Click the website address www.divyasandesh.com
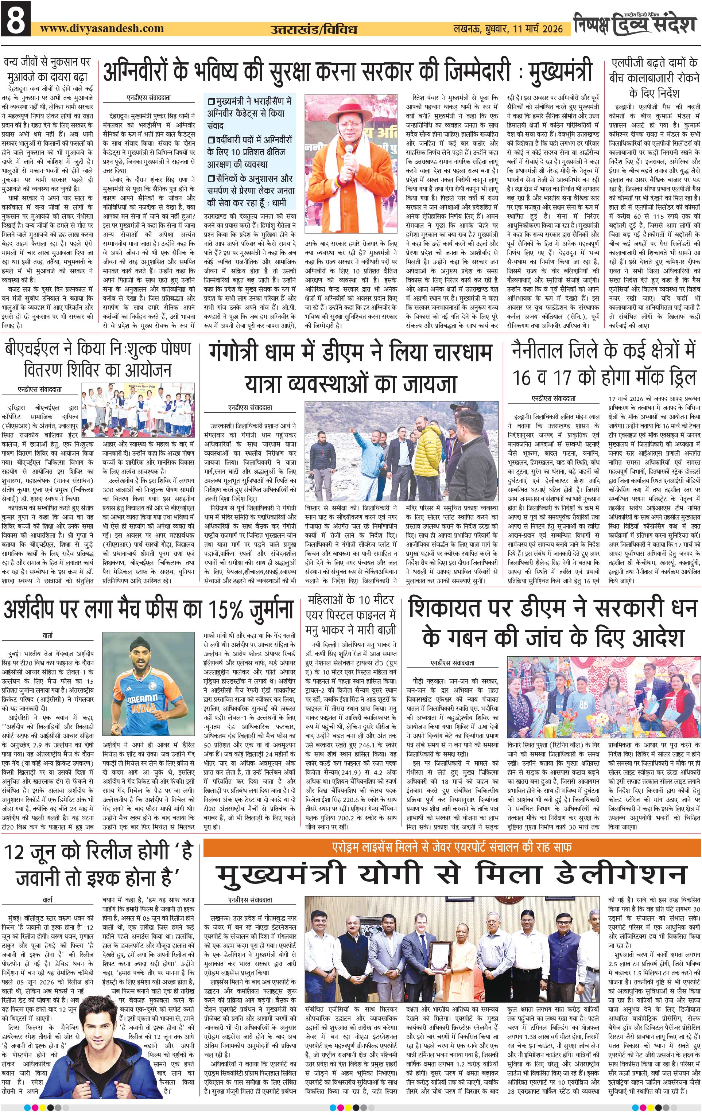(x=102, y=28)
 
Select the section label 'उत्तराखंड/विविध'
(x=314, y=30)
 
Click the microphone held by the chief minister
(x=349, y=151)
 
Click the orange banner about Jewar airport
(x=451, y=847)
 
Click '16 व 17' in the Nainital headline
(x=541, y=378)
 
